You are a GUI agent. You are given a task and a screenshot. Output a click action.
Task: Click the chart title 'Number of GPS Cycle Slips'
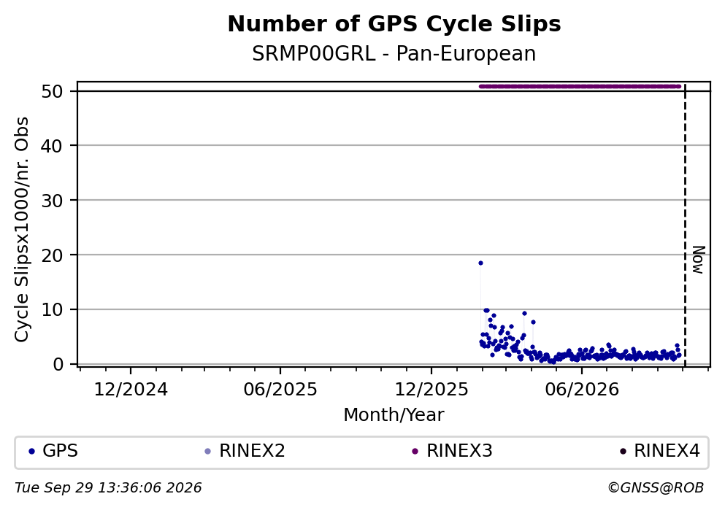click(x=394, y=24)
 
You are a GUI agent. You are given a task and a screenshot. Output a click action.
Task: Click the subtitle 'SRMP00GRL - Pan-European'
click(x=394, y=54)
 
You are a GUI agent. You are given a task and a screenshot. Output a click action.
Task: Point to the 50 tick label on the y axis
click(x=53, y=91)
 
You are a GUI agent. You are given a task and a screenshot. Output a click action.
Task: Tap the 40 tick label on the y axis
click(x=53, y=146)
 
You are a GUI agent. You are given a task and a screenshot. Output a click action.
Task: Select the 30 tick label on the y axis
click(x=53, y=201)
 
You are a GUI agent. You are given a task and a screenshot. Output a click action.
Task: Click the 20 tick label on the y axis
click(x=53, y=255)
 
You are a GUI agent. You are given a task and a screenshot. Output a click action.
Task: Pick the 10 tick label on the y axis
click(x=53, y=309)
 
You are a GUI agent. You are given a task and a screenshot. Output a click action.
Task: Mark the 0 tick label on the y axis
click(x=58, y=364)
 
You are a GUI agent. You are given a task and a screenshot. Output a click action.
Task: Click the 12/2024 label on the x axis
click(x=131, y=390)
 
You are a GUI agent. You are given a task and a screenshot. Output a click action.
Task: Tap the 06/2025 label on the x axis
click(x=280, y=390)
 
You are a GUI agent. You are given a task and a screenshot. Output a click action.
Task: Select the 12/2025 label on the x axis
click(x=431, y=390)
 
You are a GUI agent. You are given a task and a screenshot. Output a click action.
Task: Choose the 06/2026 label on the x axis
click(x=582, y=390)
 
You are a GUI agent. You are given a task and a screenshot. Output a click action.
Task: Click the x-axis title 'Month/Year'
click(x=394, y=415)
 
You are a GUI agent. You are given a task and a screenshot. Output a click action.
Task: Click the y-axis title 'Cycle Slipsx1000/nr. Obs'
click(x=22, y=229)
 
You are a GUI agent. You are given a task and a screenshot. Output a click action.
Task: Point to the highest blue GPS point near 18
click(x=480, y=263)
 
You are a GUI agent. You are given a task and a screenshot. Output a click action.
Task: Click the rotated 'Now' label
click(x=698, y=260)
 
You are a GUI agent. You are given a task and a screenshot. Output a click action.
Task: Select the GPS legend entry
click(x=53, y=451)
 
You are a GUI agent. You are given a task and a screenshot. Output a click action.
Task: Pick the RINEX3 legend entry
click(x=452, y=451)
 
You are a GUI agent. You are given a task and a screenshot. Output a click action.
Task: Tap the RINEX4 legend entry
click(x=660, y=451)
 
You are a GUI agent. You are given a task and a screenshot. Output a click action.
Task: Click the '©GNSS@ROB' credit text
click(x=656, y=488)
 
